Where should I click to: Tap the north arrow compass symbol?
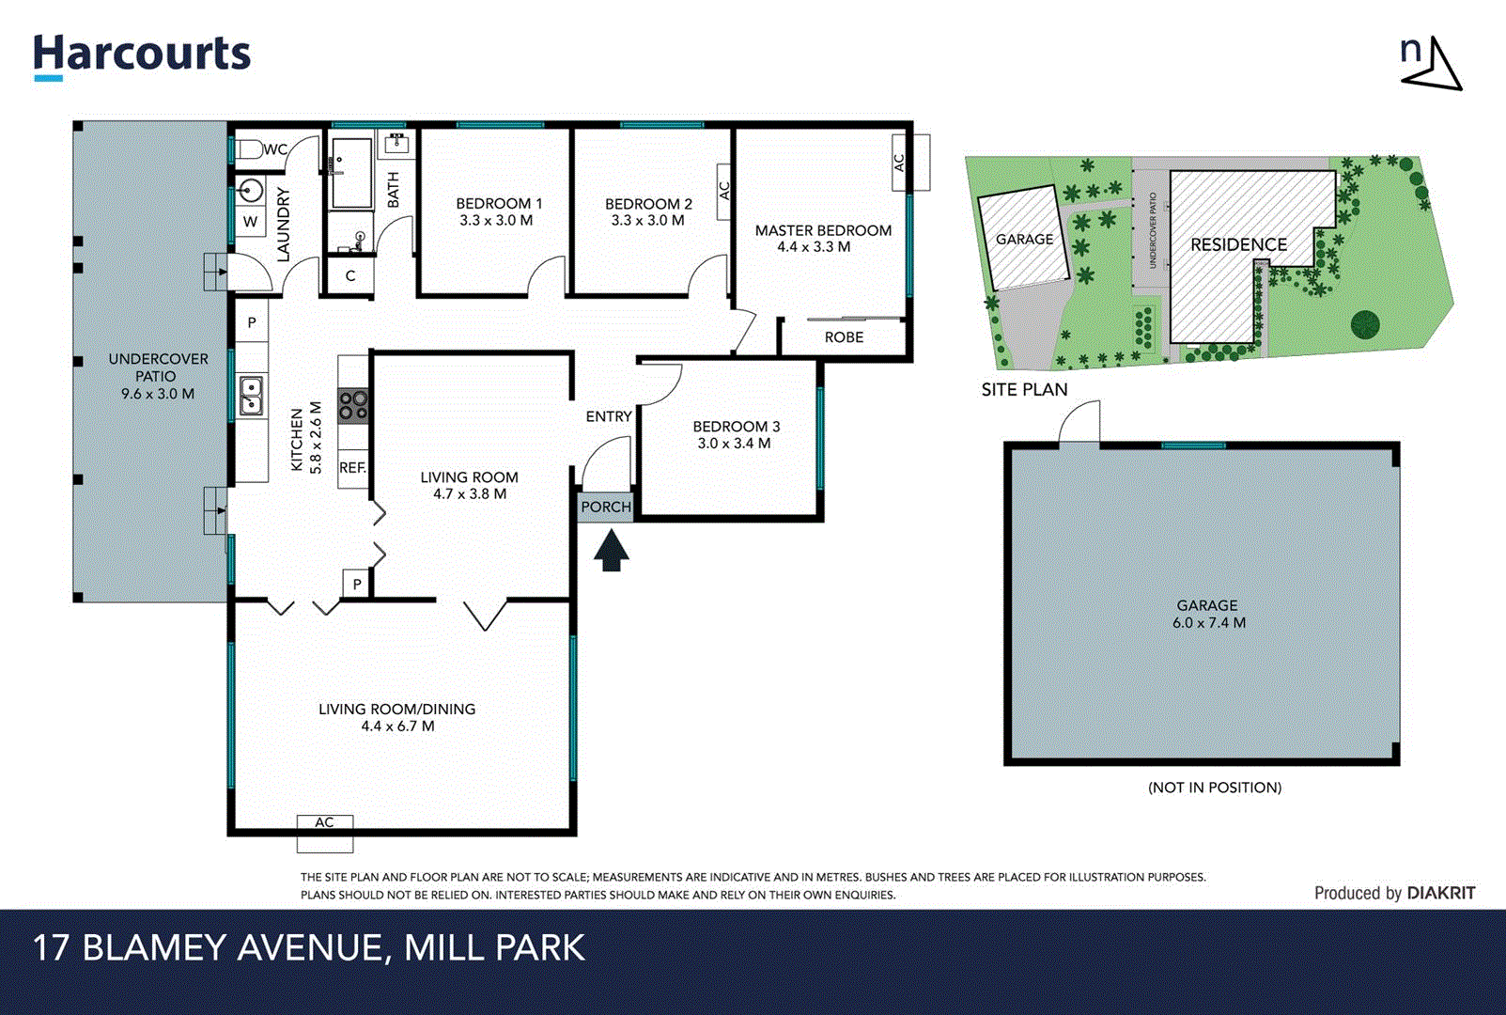[1432, 64]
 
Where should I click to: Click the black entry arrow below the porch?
[611, 551]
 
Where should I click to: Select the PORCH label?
[606, 507]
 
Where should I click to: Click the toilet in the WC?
[247, 149]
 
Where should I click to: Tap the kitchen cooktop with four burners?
[353, 405]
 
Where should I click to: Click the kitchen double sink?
[251, 395]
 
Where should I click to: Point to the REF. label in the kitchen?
[352, 467]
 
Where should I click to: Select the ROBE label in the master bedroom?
[844, 337]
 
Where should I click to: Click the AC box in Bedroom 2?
[723, 191]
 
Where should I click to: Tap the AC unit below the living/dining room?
[324, 832]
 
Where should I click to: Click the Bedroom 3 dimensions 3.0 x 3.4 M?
[734, 444]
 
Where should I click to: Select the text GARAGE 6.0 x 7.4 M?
[1208, 615]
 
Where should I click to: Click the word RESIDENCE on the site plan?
[1238, 244]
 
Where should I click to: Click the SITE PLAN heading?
[1024, 389]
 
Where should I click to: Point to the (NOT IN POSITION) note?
[1214, 788]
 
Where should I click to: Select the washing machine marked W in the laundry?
[250, 222]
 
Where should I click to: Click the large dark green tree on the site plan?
[1365, 324]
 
